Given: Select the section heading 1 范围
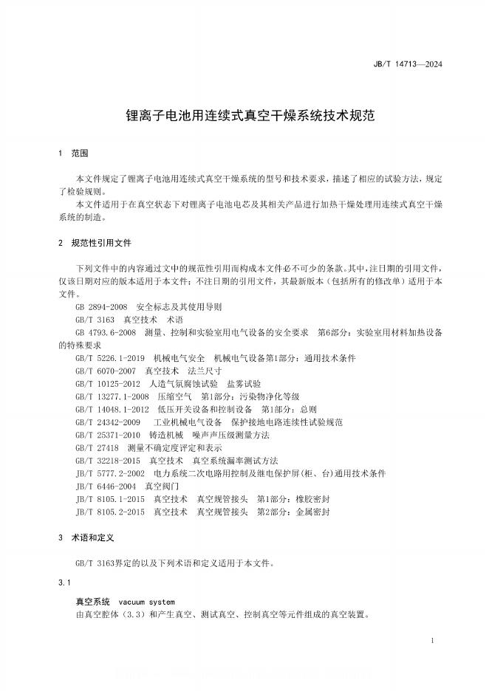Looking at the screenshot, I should [x=72, y=154].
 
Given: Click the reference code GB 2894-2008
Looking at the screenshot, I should [x=101, y=306].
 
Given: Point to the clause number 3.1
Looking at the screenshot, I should [x=64, y=584].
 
